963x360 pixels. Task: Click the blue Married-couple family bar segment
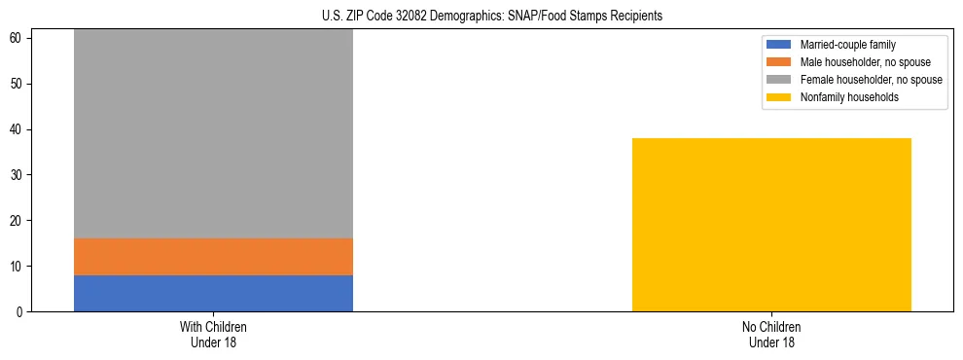pos(213,293)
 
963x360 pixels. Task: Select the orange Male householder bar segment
pos(213,257)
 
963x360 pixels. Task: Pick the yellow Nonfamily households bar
pos(771,225)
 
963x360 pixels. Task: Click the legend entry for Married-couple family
pos(847,45)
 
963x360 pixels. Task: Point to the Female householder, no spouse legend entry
pos(871,80)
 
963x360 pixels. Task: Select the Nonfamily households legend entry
pos(849,97)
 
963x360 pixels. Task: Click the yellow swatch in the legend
pos(779,97)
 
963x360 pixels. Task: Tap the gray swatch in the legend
pos(779,80)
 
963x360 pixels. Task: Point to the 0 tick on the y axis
pos(20,312)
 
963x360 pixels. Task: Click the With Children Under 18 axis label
pos(213,334)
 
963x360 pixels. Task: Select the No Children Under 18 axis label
pos(771,334)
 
